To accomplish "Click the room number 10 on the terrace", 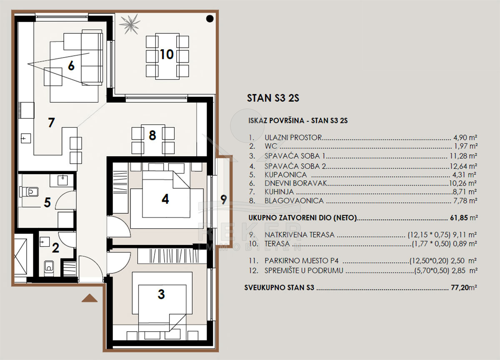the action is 167,55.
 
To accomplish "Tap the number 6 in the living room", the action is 71,65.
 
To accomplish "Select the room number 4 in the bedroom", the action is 165,199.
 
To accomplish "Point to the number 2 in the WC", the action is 55,248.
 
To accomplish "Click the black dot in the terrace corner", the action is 210,19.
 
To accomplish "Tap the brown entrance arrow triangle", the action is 90,298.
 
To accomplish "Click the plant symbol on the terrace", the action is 130,24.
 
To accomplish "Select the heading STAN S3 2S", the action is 273,98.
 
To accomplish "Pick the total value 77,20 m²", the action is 464,287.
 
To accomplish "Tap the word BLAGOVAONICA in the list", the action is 294,201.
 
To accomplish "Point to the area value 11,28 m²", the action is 463,156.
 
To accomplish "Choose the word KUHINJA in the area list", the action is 279,192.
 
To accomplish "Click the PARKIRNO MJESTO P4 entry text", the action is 302,261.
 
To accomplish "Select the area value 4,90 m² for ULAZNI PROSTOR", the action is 465,137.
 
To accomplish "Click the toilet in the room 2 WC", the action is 49,268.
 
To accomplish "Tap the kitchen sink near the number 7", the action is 26,138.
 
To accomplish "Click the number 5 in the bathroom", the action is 47,202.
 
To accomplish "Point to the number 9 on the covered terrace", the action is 224,200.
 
